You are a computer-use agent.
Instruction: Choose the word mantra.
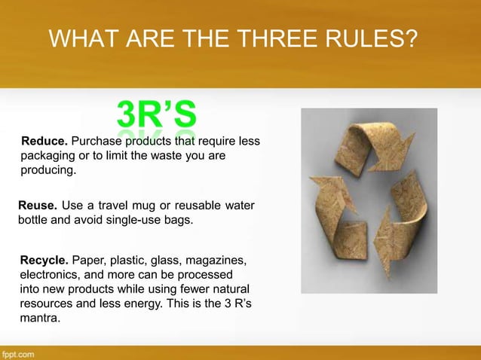(39, 319)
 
